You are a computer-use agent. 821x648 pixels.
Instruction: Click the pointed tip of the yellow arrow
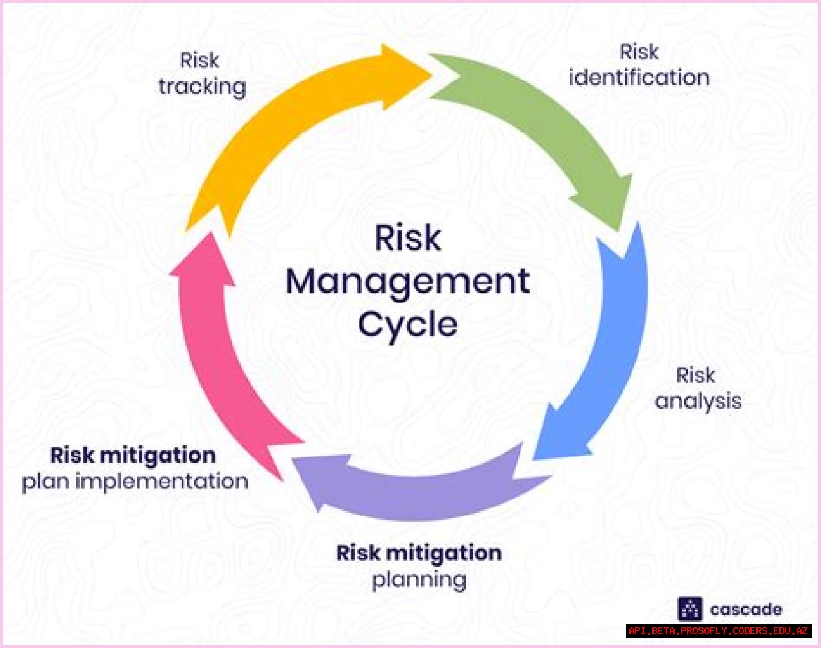431,75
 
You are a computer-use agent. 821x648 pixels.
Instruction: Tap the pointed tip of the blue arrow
534,459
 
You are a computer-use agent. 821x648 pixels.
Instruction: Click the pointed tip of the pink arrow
210,232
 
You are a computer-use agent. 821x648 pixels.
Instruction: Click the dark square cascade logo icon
690,609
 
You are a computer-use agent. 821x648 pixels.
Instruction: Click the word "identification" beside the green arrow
639,78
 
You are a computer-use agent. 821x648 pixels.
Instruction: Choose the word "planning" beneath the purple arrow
419,580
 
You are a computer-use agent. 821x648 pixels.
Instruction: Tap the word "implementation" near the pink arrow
162,482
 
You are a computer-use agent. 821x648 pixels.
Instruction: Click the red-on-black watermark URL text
718,631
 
